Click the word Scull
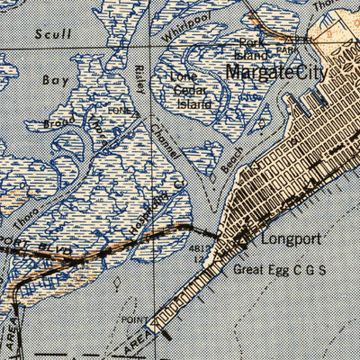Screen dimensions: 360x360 pos(53,34)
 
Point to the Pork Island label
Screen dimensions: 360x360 pos(252,49)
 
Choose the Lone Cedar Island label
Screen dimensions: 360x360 pos(190,90)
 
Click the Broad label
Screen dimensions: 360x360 pos(58,121)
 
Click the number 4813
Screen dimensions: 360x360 pos(200,249)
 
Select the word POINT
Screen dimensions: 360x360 pos(133,319)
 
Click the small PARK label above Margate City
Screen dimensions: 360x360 pos(287,51)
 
